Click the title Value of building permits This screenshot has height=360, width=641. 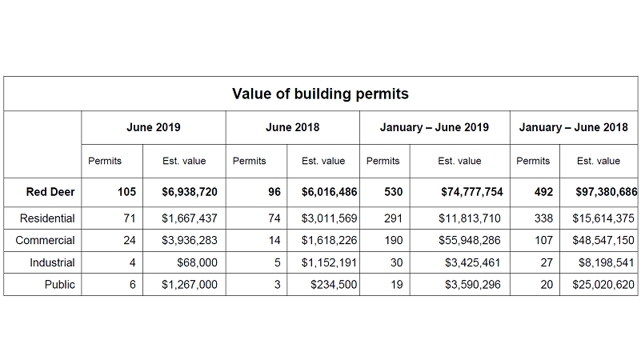320,94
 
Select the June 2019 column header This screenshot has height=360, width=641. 154,127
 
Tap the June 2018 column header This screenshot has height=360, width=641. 292,127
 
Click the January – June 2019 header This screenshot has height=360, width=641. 435,127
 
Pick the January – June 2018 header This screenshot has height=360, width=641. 573,127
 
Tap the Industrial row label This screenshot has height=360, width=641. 53,262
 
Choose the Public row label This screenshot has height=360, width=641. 59,285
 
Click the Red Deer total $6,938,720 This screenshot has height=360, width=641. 189,192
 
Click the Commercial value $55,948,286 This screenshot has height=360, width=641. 471,240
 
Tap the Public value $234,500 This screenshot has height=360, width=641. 334,285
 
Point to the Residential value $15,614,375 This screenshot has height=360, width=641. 603,218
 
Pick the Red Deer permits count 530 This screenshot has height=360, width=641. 393,192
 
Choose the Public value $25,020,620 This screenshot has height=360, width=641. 603,285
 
